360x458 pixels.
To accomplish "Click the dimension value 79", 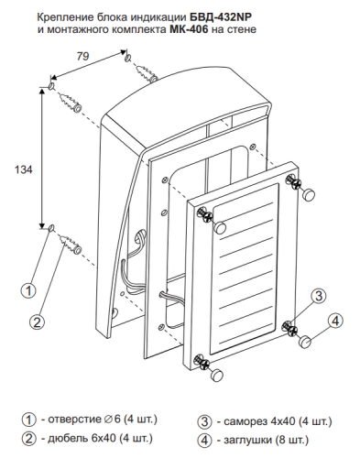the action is point(82,56).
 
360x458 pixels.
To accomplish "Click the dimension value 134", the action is point(24,169).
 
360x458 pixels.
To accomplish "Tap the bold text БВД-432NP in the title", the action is point(217,17).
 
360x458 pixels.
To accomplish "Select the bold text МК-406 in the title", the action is point(188,29).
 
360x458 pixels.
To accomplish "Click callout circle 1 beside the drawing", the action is point(28,290).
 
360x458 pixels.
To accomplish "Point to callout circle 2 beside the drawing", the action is point(38,322).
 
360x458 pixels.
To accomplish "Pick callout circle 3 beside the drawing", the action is point(319,296).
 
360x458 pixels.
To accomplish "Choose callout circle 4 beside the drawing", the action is point(335,321).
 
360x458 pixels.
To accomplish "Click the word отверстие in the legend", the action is point(74,420).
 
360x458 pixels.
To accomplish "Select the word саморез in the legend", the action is point(245,421).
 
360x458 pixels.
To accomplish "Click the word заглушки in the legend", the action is point(248,440).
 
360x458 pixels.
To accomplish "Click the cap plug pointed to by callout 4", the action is point(305,341).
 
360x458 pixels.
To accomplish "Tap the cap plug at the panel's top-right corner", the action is point(309,194).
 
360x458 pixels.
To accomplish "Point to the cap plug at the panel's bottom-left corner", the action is point(217,375).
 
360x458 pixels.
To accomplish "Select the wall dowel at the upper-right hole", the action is point(146,73).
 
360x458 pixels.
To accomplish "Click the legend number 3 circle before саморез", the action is point(204,421).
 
